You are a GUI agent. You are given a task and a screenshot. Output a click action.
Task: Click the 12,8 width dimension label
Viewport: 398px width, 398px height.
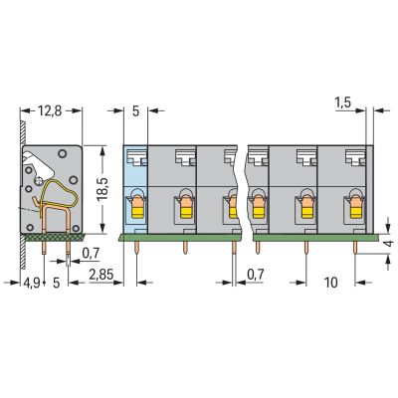(x=50, y=110)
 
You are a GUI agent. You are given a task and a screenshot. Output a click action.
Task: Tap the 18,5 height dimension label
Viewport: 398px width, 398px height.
(x=102, y=189)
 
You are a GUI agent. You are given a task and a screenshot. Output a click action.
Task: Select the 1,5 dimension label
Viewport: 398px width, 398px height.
(x=343, y=103)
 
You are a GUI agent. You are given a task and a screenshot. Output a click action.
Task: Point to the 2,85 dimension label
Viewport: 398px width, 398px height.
(x=101, y=275)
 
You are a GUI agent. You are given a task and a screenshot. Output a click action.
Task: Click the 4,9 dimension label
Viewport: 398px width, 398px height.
(x=32, y=283)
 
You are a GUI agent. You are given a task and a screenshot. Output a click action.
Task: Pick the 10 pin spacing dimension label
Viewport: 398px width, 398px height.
(x=330, y=283)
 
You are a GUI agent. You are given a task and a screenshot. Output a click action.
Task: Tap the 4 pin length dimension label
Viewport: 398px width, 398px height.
(x=390, y=243)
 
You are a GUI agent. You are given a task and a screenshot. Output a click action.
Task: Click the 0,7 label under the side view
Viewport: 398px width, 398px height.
(x=91, y=254)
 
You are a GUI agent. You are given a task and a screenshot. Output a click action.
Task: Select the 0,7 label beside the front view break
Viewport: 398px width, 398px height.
(x=256, y=275)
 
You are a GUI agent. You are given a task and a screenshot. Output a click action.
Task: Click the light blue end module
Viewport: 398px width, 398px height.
(x=135, y=189)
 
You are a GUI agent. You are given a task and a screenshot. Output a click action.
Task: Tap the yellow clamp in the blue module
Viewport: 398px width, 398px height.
(x=137, y=212)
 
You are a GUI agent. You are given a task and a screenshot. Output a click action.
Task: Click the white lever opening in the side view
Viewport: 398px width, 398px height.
(x=38, y=164)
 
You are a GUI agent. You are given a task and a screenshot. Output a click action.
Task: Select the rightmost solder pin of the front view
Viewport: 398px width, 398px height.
(x=355, y=248)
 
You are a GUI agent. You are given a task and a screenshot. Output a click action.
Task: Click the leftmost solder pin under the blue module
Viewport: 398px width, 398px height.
(x=137, y=248)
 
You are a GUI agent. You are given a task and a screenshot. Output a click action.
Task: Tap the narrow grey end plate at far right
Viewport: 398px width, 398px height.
(x=369, y=189)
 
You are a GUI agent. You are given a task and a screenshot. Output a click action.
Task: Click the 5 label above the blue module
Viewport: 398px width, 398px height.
(x=135, y=111)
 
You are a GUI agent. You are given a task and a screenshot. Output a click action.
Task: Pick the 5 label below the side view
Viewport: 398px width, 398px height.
(x=57, y=283)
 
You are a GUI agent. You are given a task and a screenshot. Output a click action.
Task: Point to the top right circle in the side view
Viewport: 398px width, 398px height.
(x=62, y=153)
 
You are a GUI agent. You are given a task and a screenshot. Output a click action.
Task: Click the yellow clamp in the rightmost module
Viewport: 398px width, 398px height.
(x=355, y=212)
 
